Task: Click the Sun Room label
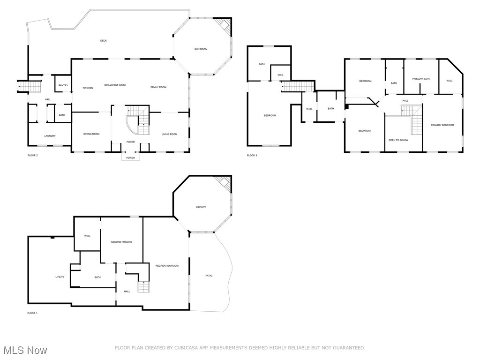(x=201, y=49)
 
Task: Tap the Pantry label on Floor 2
(x=63, y=85)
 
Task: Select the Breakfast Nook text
(x=115, y=85)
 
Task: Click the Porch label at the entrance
(x=130, y=157)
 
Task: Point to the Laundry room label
(x=50, y=136)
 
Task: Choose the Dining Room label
(x=91, y=134)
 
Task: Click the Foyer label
(x=130, y=142)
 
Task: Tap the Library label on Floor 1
(x=201, y=207)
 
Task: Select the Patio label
(x=209, y=276)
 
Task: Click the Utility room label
(x=60, y=277)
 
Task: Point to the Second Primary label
(x=121, y=242)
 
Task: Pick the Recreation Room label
(x=167, y=266)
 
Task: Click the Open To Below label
(x=398, y=140)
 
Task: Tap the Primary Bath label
(x=421, y=79)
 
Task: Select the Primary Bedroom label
(x=442, y=125)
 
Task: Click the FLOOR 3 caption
(x=252, y=155)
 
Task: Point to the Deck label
(x=104, y=41)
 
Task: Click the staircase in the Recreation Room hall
(x=143, y=286)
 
